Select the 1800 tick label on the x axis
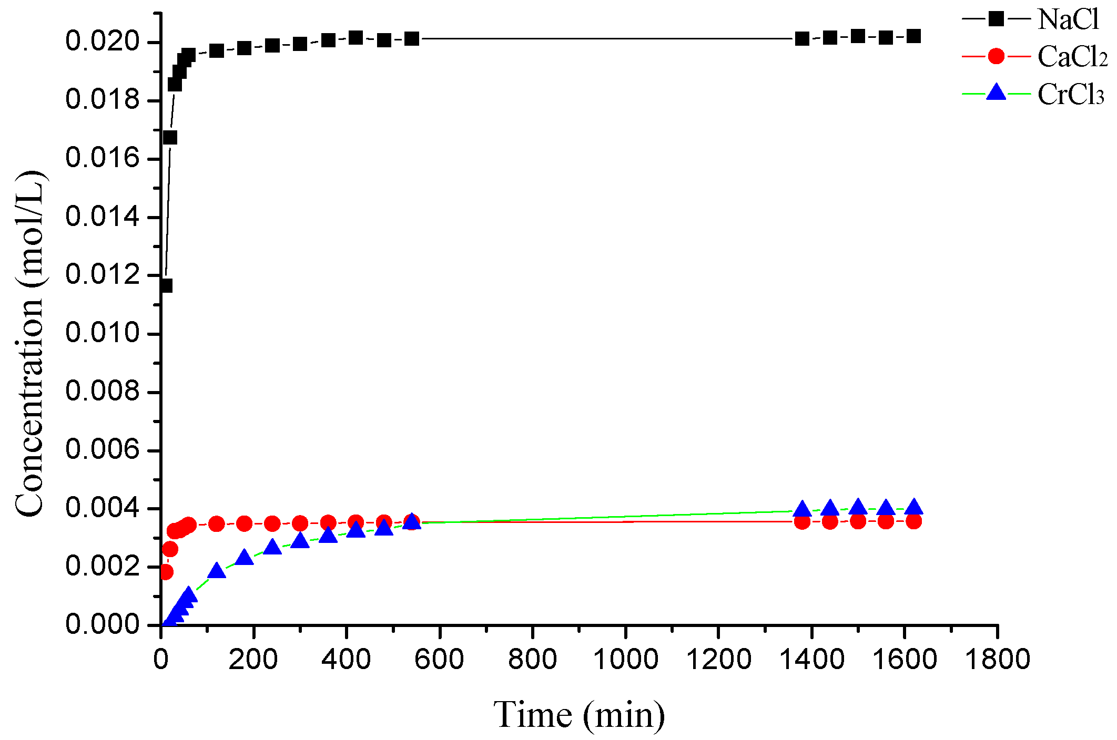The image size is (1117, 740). [x=997, y=659]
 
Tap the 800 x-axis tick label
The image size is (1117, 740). [x=532, y=659]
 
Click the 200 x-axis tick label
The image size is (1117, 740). [x=253, y=659]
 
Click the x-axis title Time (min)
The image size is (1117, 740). [x=578, y=715]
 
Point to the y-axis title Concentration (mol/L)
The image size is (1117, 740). [x=30, y=344]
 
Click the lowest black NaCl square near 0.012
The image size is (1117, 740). [x=166, y=286]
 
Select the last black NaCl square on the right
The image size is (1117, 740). [x=913, y=36]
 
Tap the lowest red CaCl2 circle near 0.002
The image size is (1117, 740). [x=166, y=572]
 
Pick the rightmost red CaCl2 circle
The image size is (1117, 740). [x=913, y=521]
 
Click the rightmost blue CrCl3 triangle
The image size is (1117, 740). [x=913, y=507]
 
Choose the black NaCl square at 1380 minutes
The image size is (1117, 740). [x=802, y=38]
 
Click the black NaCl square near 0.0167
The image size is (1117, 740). [x=170, y=138]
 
